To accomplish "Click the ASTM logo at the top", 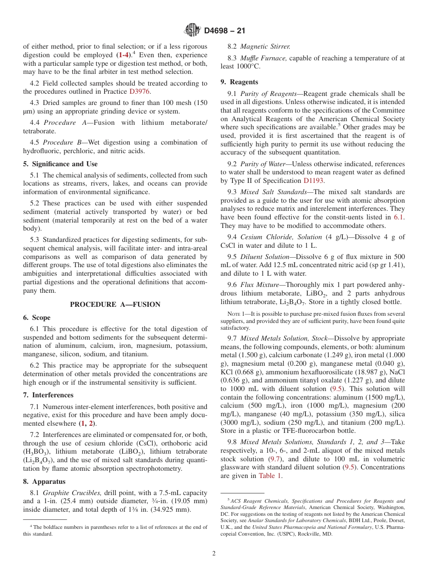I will (192, 31).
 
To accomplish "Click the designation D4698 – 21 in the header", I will (224, 31).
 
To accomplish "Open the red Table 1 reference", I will (270, 476).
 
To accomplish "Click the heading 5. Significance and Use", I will (60, 164).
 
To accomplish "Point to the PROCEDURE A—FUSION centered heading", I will (115, 305).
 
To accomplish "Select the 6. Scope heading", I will (37, 318).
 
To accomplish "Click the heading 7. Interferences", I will (48, 395).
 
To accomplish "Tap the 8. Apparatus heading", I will (44, 482).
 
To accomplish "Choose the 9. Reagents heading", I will (239, 82).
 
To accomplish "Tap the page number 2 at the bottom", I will (214, 553).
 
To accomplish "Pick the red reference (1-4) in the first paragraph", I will (123, 55).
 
